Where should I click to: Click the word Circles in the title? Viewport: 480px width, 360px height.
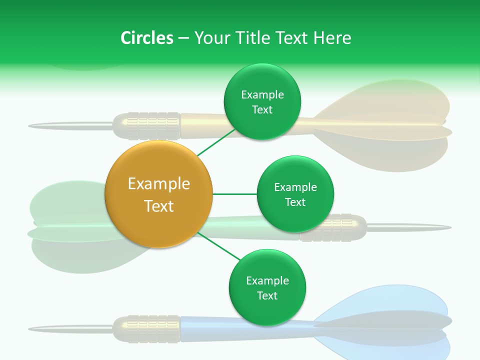pyautogui.click(x=146, y=38)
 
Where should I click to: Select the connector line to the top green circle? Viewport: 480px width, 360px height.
pyautogui.click(x=216, y=142)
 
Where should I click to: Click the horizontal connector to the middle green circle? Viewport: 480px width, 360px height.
pyautogui.click(x=235, y=194)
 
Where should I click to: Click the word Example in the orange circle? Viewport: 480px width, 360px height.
pyautogui.click(x=159, y=184)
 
